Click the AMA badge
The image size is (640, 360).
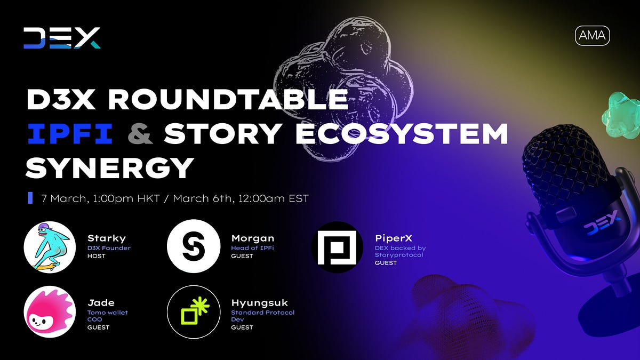click(592, 36)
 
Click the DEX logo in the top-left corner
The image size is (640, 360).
click(62, 38)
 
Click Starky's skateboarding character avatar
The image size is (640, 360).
click(50, 247)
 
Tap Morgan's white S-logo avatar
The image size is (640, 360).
click(194, 247)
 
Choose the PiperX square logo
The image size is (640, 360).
click(337, 247)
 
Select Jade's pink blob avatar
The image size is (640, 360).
click(50, 318)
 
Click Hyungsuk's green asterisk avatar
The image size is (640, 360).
click(194, 318)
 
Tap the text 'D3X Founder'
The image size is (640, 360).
click(109, 247)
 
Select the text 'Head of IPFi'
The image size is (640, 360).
click(252, 247)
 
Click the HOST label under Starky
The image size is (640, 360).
click(97, 256)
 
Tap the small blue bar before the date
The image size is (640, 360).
click(30, 198)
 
